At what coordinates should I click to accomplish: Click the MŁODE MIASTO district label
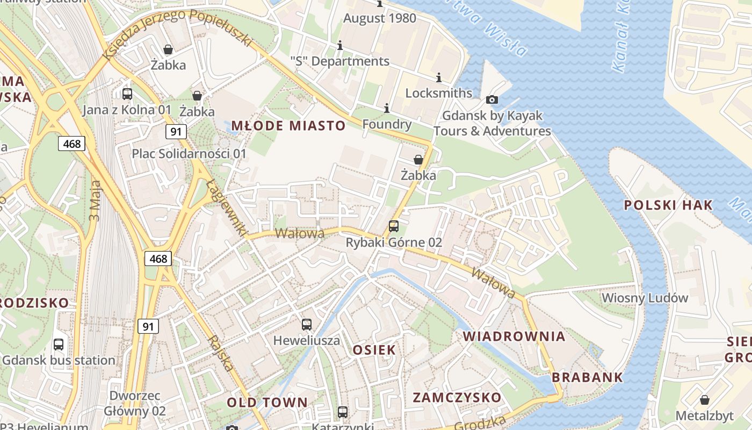288,126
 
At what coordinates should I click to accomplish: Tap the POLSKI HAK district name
668,205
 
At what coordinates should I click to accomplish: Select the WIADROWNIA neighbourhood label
514,336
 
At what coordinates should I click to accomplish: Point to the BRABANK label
588,377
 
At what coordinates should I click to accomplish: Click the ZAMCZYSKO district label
457,398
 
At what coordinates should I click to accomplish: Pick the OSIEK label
374,350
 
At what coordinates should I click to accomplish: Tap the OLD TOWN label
267,403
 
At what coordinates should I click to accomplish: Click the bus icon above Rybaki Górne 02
394,226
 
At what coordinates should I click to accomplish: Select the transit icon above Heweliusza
306,325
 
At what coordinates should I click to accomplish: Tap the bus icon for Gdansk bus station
59,345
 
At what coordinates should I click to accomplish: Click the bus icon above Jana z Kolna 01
127,94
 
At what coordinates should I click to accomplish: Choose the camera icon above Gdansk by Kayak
491,99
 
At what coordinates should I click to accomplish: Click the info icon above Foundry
386,109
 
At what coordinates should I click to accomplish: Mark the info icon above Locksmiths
438,77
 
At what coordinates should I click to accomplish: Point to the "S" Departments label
339,61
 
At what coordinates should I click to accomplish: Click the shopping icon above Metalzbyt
704,400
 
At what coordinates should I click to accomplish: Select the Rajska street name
222,353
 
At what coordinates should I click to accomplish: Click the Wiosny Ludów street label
645,298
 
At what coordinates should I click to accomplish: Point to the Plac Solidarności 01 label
189,154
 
